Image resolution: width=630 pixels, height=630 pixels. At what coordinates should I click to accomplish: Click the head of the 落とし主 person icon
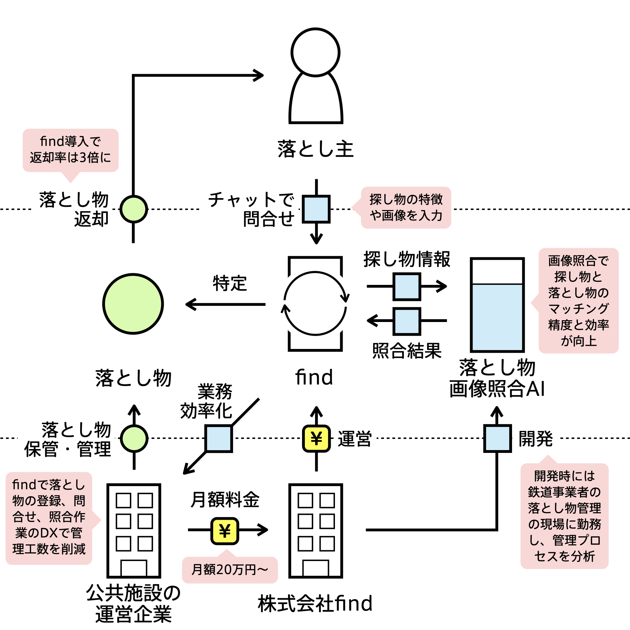(x=315, y=52)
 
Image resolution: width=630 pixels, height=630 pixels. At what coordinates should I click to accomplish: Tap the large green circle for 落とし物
(x=133, y=304)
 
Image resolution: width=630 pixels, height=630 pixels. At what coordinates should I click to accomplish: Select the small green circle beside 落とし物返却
(x=133, y=209)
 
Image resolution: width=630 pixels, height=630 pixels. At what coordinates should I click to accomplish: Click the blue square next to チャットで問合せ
(x=316, y=209)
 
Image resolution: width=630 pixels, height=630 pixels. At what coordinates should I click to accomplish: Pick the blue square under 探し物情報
(x=407, y=287)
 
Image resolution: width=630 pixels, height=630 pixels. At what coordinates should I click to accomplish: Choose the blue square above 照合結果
(x=407, y=321)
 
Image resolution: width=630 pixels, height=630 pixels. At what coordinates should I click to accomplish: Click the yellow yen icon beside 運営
(x=316, y=438)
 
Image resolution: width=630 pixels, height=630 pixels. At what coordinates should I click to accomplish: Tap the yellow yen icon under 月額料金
(x=225, y=531)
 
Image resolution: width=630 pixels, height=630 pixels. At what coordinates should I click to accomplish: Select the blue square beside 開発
(x=497, y=438)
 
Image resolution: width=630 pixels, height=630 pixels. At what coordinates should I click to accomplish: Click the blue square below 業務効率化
(x=219, y=438)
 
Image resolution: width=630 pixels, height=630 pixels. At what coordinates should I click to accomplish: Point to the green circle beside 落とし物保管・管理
(x=134, y=438)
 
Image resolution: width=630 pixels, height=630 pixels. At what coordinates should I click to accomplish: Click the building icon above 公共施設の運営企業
(x=134, y=531)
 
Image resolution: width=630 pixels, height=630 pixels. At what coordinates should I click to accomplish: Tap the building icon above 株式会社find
(x=315, y=531)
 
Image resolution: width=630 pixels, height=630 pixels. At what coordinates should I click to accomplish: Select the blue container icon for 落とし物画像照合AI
(x=497, y=304)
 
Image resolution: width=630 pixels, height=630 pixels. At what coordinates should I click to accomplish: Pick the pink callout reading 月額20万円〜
(x=230, y=570)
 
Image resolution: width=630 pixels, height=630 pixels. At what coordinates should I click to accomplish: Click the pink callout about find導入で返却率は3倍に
(x=70, y=150)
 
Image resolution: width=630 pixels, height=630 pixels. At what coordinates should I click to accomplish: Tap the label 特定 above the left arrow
(x=230, y=283)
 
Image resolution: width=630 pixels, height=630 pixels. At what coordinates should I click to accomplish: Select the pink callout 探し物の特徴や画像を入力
(x=406, y=208)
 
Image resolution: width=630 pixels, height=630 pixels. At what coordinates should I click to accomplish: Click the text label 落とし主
(x=315, y=149)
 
